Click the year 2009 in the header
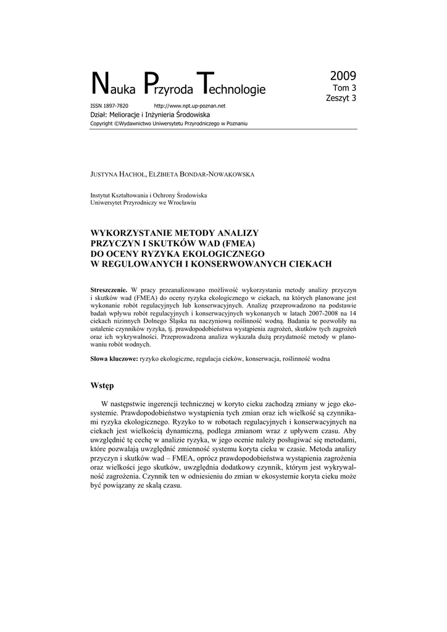click(343, 77)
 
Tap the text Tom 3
click(345, 88)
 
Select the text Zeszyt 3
click(341, 98)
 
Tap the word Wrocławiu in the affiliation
click(183, 202)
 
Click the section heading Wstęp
click(102, 386)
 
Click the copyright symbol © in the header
click(116, 124)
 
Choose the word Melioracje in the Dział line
click(131, 115)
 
